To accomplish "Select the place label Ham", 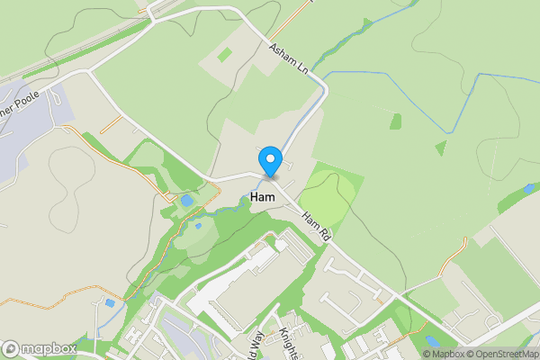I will (x=264, y=195).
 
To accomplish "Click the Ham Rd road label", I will (x=318, y=226).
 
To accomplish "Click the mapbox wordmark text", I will (x=49, y=348).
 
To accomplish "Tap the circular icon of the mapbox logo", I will (x=11, y=348).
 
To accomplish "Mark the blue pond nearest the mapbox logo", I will (x=110, y=303).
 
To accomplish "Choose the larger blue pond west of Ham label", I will (x=186, y=200).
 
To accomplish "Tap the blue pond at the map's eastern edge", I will (x=529, y=188).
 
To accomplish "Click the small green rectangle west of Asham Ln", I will (x=224, y=55).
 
